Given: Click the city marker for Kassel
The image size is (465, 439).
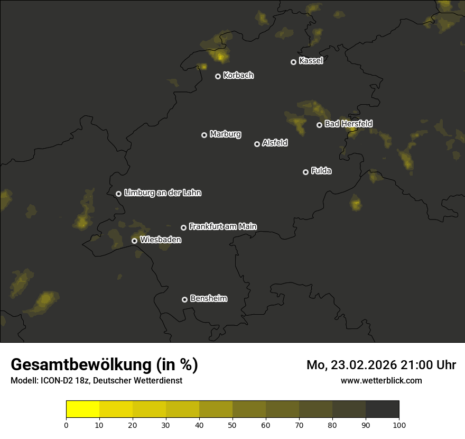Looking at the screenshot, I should (x=293, y=62).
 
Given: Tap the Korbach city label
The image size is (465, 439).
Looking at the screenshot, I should (x=238, y=76).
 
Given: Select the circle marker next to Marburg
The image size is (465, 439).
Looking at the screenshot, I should (x=204, y=135).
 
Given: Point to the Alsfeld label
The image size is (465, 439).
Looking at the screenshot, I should (x=275, y=143).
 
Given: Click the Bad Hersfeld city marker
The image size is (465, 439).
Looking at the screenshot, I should (x=319, y=125).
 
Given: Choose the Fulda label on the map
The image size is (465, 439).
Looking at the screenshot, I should (x=321, y=171).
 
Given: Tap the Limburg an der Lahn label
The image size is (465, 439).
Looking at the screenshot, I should (x=162, y=193).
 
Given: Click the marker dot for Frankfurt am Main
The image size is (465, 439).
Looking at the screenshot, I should (x=183, y=227).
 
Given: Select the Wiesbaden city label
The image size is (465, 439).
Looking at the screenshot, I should (x=161, y=240).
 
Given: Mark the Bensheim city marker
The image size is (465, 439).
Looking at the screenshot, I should (x=184, y=299).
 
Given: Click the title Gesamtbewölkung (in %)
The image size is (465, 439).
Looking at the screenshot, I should (x=104, y=365).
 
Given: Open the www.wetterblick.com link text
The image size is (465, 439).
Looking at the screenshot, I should (x=382, y=380).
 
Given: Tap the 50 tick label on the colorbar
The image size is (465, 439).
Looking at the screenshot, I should (x=232, y=425).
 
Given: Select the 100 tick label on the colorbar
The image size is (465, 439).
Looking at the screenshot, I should (x=399, y=425).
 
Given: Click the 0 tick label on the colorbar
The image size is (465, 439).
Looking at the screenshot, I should (x=66, y=425).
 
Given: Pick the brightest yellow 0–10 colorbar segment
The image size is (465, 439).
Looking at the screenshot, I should (x=82, y=409).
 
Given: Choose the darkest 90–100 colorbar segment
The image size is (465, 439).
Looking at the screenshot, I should (x=382, y=409).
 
